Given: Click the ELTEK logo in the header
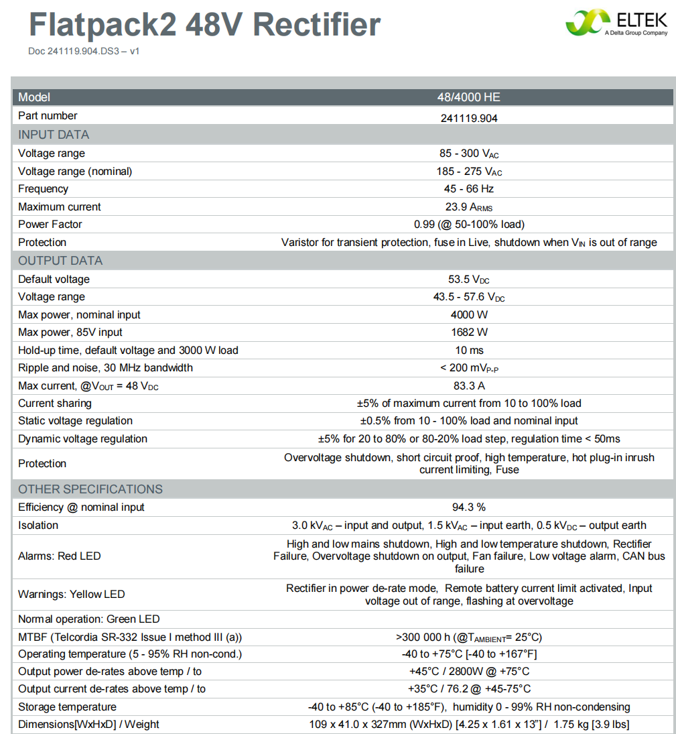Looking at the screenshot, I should [x=616, y=23].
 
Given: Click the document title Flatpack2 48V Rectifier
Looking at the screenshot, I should [x=204, y=25].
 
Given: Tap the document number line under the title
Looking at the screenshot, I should [x=84, y=51].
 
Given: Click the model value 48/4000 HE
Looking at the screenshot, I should [x=469, y=97].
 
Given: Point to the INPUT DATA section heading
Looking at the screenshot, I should [x=54, y=135].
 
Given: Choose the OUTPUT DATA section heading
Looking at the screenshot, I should [x=60, y=261].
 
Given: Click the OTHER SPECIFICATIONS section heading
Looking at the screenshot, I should [x=90, y=489].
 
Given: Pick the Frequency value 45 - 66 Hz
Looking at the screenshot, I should [x=469, y=189].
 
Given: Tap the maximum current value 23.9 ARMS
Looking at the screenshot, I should [x=469, y=207].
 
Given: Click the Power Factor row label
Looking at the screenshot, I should [x=50, y=225].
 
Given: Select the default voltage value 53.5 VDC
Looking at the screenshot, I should [x=469, y=280].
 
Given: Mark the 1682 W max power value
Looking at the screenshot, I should [x=469, y=332].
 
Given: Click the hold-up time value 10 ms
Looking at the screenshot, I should [x=469, y=351].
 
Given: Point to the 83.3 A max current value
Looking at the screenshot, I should [x=469, y=386].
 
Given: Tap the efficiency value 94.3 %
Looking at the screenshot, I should [x=469, y=507].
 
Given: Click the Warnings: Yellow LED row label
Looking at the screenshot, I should [x=72, y=595].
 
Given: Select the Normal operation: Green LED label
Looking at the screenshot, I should [x=89, y=619].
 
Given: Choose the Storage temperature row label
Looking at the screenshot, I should [x=67, y=707].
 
